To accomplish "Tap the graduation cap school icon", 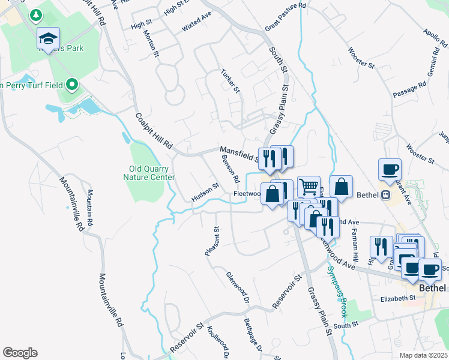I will click(x=48, y=40).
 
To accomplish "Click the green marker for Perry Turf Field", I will click(x=73, y=85).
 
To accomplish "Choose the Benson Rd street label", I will click(x=231, y=170).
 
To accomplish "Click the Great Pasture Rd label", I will click(x=286, y=17).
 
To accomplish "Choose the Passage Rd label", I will click(x=409, y=90).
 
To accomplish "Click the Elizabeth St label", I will click(x=398, y=298).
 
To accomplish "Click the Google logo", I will click(x=20, y=353).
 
